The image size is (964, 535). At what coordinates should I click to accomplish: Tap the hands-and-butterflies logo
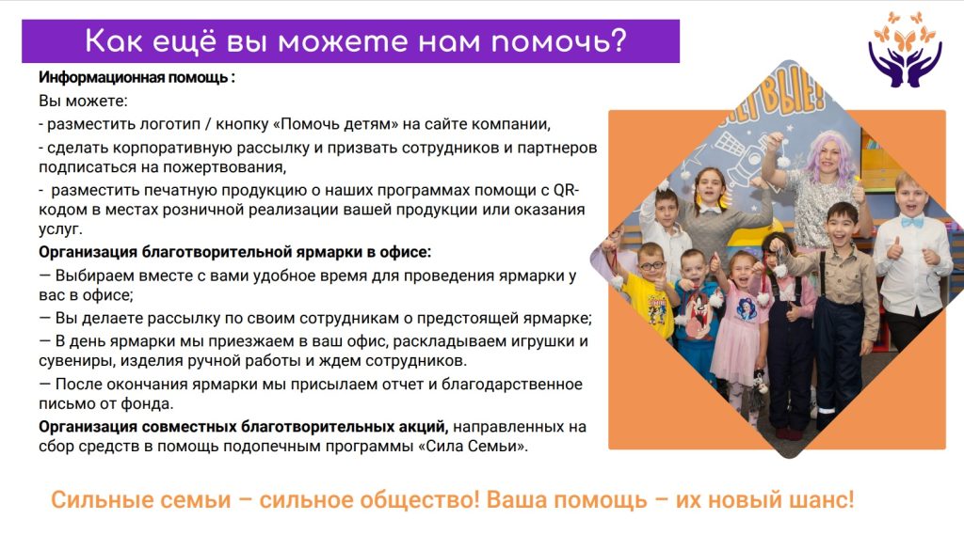(x=905, y=50)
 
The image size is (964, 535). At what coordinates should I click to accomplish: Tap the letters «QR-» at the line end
(x=566, y=190)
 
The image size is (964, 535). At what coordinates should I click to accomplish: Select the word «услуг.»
(x=60, y=229)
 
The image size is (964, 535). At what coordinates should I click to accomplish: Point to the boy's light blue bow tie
(x=911, y=222)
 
